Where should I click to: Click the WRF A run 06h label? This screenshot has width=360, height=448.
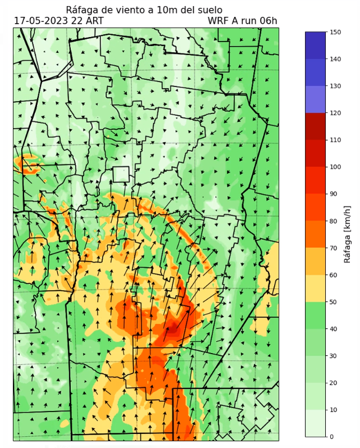[242, 21]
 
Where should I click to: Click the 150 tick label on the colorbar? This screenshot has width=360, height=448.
[336, 32]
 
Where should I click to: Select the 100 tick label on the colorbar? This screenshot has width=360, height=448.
[336, 167]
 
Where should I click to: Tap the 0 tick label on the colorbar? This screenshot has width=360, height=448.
[331, 437]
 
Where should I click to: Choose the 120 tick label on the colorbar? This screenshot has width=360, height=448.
[336, 113]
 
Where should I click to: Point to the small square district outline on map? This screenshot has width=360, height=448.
[121, 174]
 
